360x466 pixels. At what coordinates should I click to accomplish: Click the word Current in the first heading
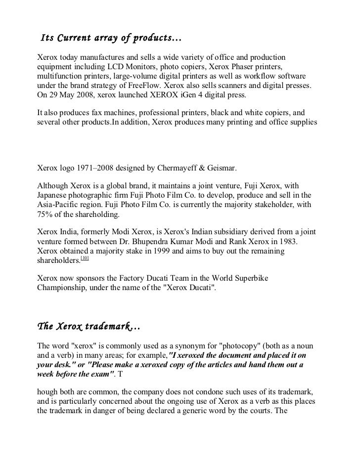click(75, 38)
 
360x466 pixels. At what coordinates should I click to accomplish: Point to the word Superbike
click(251, 278)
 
